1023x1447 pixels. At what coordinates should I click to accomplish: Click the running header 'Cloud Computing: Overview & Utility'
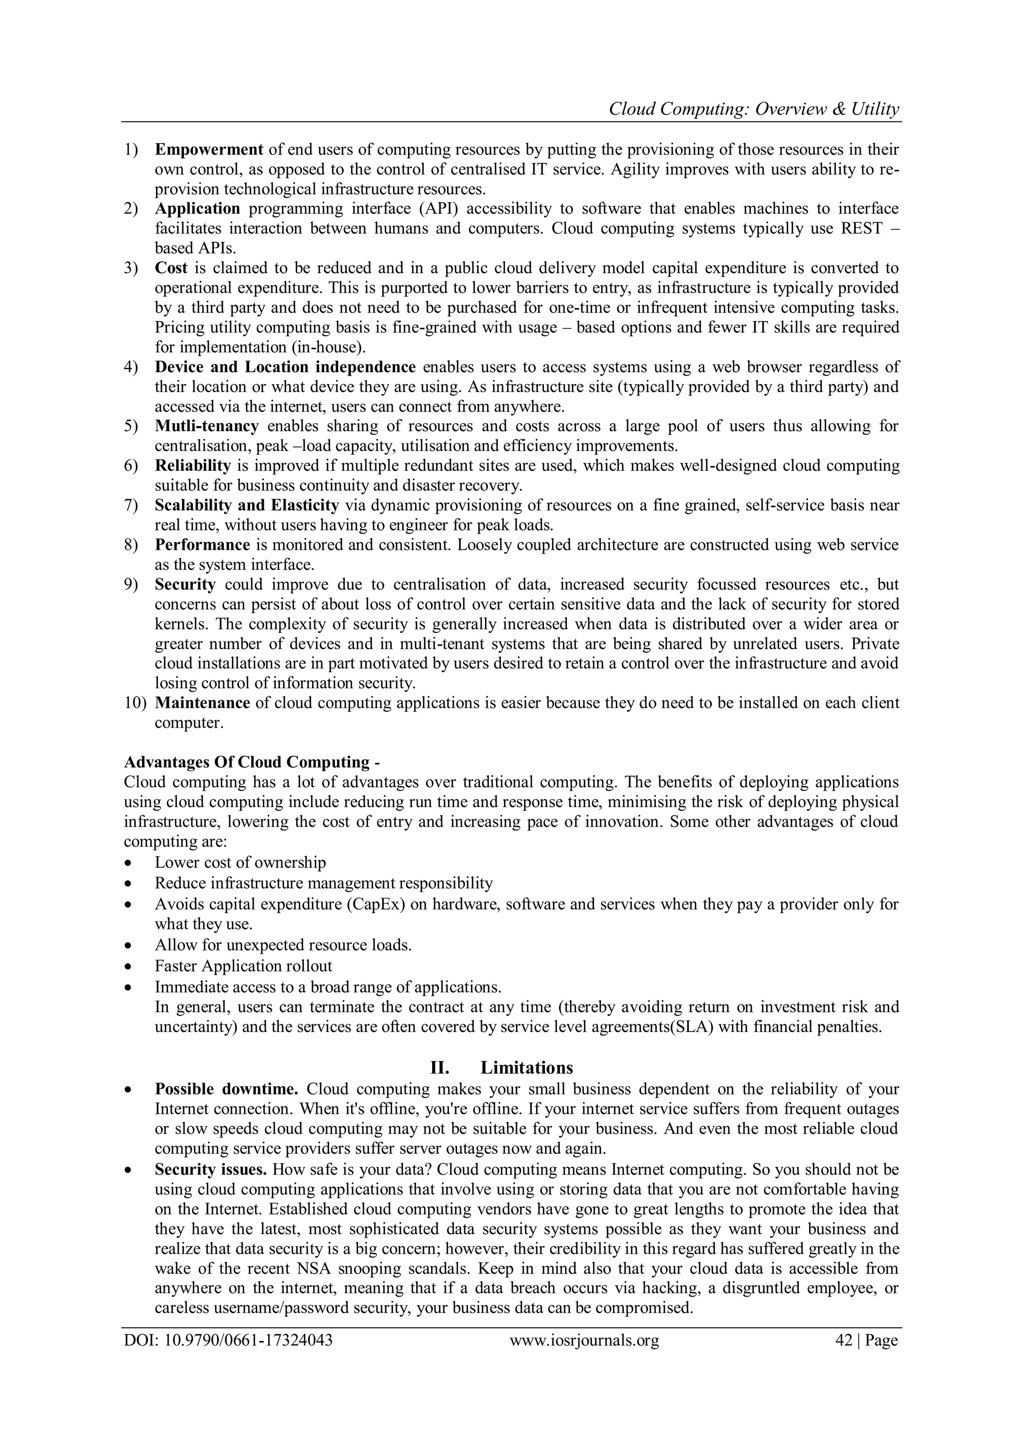pos(754,110)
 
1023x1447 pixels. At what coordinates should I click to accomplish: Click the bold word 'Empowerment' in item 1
pos(209,150)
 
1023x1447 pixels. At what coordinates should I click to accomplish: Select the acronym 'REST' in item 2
pos(862,228)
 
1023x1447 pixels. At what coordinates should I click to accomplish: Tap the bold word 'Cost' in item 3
pos(171,268)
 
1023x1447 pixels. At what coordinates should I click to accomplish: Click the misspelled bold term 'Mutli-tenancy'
pos(207,426)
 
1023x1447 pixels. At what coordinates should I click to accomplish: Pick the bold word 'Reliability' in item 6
pos(193,466)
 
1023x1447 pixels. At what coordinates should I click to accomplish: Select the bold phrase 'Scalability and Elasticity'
pos(247,505)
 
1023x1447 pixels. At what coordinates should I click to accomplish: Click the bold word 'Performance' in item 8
pos(202,544)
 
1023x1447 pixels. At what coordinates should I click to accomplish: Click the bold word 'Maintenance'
pos(202,703)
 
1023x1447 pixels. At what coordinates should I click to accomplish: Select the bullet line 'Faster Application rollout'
pos(243,966)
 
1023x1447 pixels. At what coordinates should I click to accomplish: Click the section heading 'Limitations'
pos(526,1067)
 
